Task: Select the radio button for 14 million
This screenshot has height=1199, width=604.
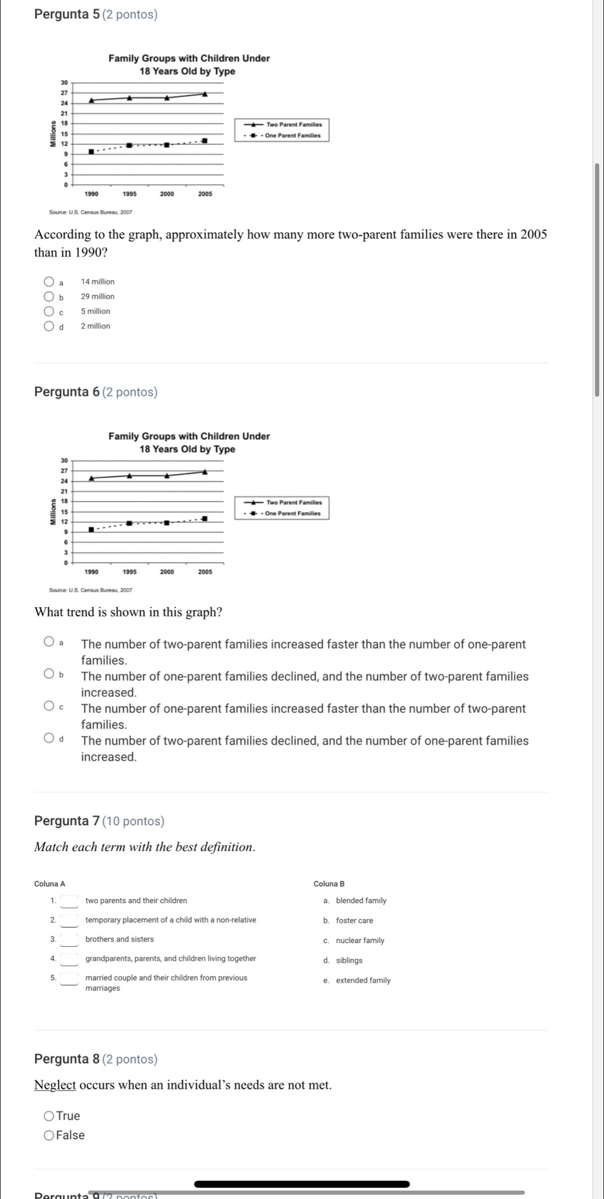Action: click(x=49, y=282)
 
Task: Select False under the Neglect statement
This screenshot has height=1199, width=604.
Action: click(x=49, y=1136)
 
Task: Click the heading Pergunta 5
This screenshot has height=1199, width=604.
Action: click(x=95, y=15)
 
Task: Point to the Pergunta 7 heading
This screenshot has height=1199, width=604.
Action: click(x=99, y=821)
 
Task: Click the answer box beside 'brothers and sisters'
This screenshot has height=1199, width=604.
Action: click(x=69, y=940)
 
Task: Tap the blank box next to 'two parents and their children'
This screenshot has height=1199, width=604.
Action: click(x=69, y=901)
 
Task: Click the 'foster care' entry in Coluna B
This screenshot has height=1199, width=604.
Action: click(x=354, y=921)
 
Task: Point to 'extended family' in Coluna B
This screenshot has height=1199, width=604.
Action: click(x=363, y=980)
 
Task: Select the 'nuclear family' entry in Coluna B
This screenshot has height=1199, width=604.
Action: click(x=360, y=941)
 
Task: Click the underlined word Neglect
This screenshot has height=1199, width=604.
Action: click(x=55, y=1085)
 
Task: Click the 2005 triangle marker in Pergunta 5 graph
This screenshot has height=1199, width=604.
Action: click(x=205, y=94)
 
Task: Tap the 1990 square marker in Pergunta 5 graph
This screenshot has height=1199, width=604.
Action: click(x=91, y=152)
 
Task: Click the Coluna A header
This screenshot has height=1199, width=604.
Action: click(x=50, y=884)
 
